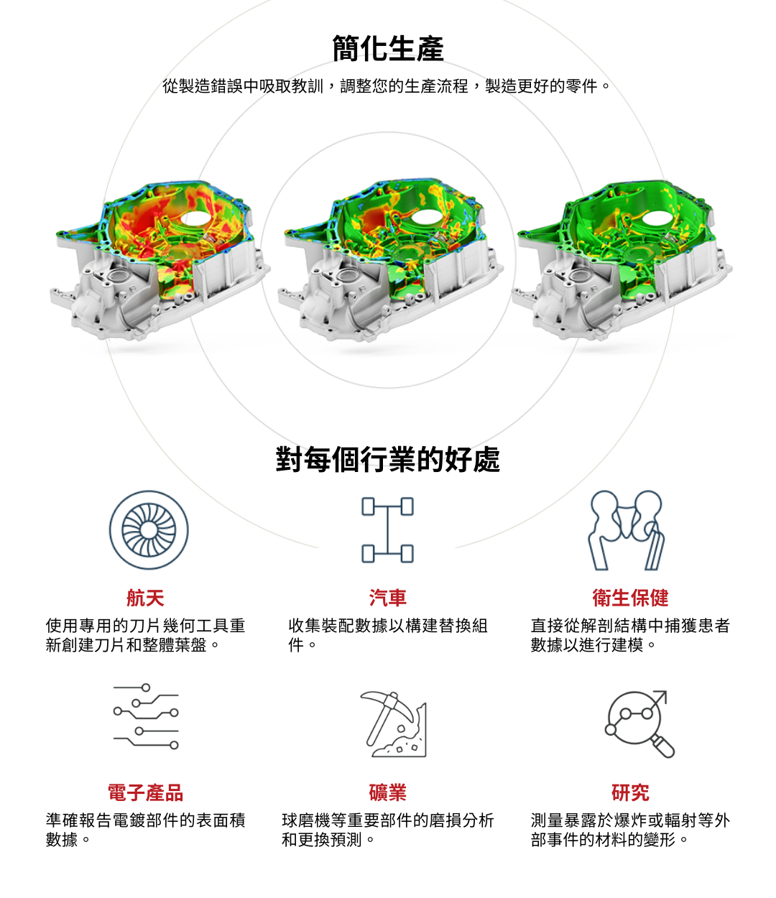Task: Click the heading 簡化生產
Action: point(388,49)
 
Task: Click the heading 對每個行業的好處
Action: point(388,459)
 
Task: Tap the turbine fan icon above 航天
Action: point(149,530)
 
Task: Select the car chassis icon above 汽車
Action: point(388,530)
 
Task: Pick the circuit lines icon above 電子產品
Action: point(146,716)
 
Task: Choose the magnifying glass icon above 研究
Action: point(639,723)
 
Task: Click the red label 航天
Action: point(145,598)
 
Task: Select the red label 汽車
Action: point(388,598)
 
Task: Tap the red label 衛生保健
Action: point(630,598)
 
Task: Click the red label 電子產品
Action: point(145,792)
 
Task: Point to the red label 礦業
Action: point(388,792)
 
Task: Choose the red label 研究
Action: point(630,792)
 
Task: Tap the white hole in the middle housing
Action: point(426,216)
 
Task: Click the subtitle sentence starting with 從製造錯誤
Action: point(388,86)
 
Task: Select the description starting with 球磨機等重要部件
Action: point(388,829)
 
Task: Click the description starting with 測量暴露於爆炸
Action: point(630,829)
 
